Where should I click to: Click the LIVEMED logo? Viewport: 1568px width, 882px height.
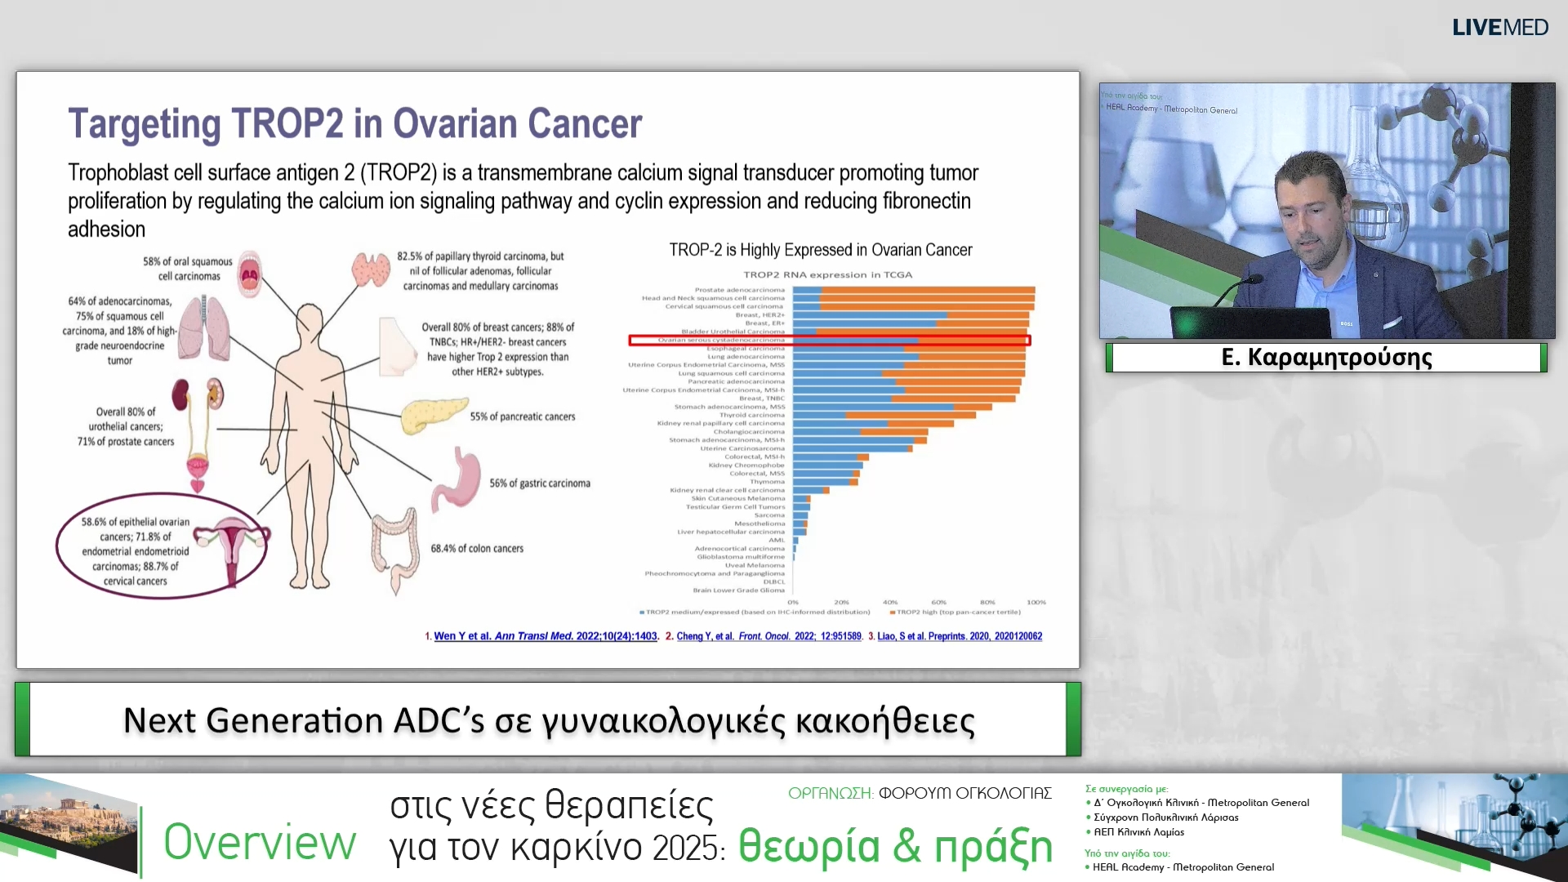point(1499,28)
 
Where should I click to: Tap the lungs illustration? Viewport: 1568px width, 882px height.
point(203,328)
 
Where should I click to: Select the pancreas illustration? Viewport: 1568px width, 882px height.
point(433,416)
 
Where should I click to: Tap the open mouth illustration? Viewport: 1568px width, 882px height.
point(249,274)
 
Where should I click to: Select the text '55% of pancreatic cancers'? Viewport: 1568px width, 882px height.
point(523,416)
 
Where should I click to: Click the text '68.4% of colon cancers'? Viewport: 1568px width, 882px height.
point(477,549)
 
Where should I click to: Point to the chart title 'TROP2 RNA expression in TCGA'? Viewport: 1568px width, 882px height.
point(827,275)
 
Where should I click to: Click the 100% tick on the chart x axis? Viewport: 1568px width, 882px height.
point(1036,603)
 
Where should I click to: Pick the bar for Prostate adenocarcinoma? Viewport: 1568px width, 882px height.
point(913,290)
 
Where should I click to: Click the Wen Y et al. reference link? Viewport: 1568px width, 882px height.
point(545,636)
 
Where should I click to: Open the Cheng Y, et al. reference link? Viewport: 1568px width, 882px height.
point(768,636)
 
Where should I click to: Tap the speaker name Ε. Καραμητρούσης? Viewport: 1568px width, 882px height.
point(1326,358)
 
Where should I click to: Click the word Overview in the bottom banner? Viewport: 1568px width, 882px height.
point(260,843)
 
